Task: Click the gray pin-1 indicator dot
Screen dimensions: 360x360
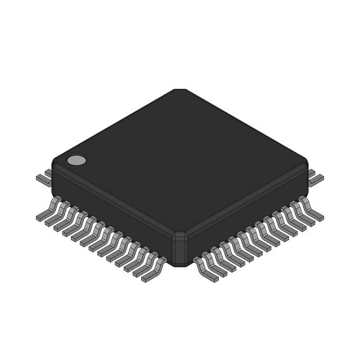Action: click(76, 160)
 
